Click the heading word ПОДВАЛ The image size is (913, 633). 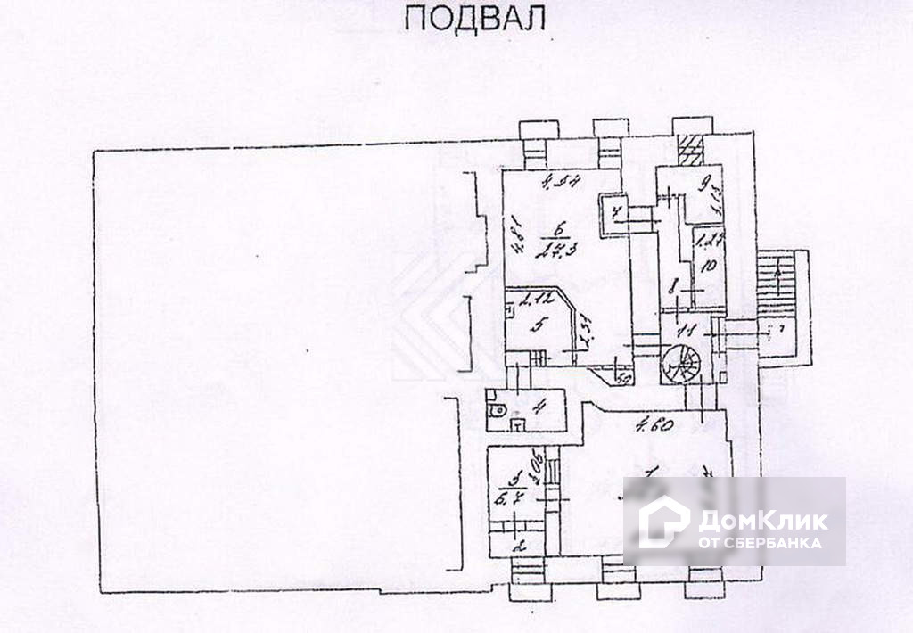tap(473, 19)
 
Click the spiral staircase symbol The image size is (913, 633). tap(680, 363)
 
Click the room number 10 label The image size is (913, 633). tap(709, 266)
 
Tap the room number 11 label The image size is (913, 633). tap(685, 330)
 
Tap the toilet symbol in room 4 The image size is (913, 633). tap(497, 411)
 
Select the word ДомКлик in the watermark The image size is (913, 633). tap(762, 520)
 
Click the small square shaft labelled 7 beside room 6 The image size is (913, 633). tap(614, 212)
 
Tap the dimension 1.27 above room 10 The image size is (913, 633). tap(710, 239)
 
